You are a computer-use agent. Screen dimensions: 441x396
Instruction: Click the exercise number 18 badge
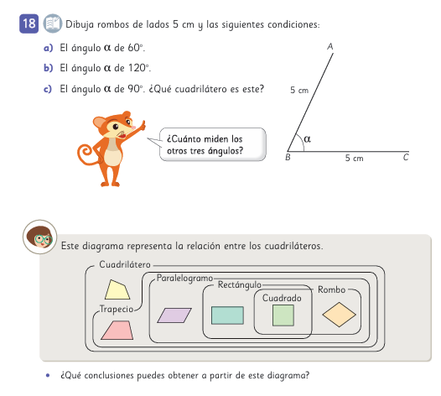29,23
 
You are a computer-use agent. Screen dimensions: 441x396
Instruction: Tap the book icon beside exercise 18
53,23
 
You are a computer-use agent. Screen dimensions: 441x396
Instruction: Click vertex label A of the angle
330,46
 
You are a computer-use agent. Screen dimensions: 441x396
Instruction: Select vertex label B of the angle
288,157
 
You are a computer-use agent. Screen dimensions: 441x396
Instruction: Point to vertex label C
406,157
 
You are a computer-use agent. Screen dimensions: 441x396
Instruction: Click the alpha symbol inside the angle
308,138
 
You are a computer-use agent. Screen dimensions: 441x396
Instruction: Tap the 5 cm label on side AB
299,90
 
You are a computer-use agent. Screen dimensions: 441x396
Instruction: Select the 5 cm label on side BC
355,158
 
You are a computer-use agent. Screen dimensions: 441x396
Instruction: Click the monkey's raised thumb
143,125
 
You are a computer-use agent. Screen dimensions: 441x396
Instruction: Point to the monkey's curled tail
86,155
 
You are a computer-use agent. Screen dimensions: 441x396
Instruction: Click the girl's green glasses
44,239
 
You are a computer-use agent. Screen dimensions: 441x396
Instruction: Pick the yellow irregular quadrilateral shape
117,289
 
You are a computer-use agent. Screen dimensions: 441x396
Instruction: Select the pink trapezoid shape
117,331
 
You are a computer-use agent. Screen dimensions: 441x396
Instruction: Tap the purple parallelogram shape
174,315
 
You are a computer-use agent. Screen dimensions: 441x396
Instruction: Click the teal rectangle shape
227,315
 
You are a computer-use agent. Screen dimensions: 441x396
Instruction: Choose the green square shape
283,315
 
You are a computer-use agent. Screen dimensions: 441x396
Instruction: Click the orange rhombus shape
340,315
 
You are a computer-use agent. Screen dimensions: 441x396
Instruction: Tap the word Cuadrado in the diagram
282,298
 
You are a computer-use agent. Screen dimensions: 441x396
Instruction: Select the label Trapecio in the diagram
117,309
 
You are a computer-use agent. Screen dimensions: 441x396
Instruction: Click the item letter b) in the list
48,68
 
